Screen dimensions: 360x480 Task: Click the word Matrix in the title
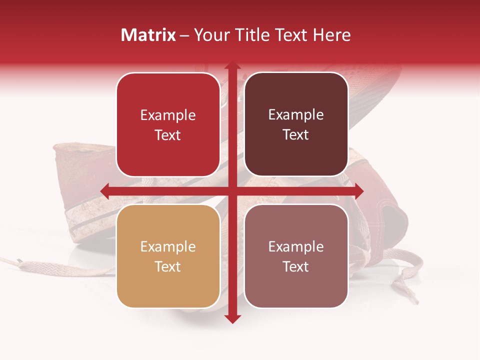[x=148, y=35]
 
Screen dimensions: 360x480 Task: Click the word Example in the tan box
[x=168, y=246]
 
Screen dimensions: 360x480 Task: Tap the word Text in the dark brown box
[x=296, y=135]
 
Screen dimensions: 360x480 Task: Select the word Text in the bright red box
[x=168, y=135]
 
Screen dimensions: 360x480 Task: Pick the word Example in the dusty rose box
[x=296, y=246]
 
